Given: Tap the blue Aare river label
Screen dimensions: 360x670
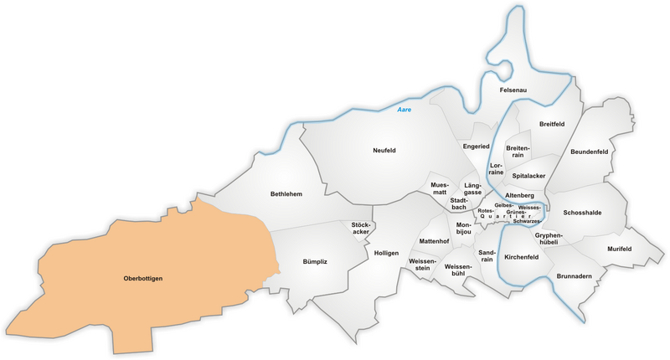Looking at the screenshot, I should click(x=405, y=110).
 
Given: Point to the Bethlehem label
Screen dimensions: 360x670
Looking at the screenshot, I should click(x=286, y=194).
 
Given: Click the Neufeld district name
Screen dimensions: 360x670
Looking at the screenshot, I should click(x=384, y=151).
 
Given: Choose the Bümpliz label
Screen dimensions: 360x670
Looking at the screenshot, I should click(x=315, y=262).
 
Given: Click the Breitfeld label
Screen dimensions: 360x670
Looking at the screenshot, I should click(x=552, y=124).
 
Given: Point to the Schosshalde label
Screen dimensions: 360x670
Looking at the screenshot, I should click(x=582, y=213).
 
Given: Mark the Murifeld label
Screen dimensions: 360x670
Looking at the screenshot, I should click(x=619, y=249).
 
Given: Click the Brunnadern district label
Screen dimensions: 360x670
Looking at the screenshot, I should click(x=574, y=275).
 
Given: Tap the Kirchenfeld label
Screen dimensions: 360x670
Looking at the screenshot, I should click(x=527, y=257).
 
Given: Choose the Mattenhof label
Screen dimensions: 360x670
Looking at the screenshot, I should click(x=434, y=241).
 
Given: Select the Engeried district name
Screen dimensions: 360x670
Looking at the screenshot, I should click(x=476, y=147).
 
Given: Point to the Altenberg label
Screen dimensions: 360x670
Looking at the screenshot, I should click(x=519, y=195).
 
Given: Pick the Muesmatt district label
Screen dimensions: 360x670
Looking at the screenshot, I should click(x=440, y=188).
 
